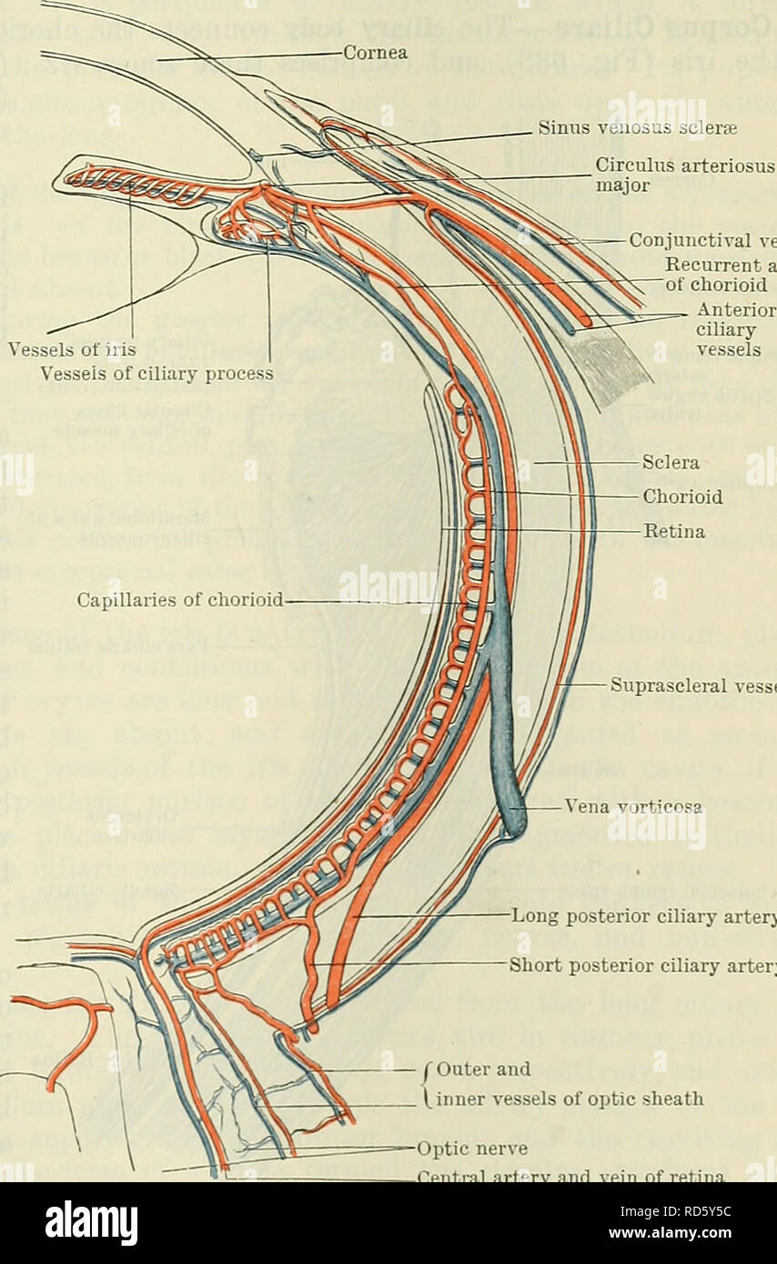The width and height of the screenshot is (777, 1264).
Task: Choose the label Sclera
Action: pyautogui.click(x=671, y=463)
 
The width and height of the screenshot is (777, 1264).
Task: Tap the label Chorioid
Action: pyautogui.click(x=682, y=497)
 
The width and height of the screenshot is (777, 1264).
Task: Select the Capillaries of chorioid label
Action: pyautogui.click(x=181, y=600)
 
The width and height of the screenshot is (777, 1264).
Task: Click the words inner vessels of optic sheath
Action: pyautogui.click(x=571, y=1099)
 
